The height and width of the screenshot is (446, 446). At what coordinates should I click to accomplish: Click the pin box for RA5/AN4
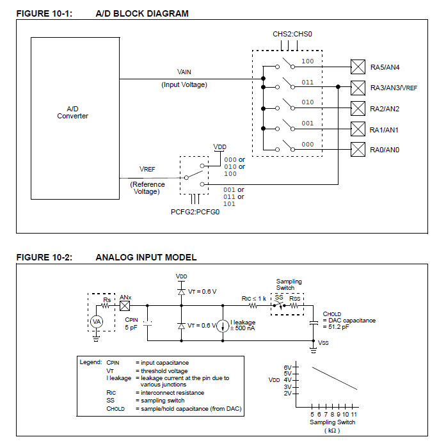(x=358, y=67)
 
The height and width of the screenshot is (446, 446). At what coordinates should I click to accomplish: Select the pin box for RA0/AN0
(x=358, y=149)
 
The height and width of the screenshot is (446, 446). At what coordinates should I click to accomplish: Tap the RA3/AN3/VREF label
(x=394, y=88)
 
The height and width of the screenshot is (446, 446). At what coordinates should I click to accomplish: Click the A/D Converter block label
(x=72, y=113)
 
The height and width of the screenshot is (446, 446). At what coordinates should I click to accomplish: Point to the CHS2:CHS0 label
(x=292, y=34)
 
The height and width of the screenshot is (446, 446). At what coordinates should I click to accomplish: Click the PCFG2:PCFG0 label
(x=195, y=212)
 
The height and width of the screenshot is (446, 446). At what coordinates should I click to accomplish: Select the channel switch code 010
(x=308, y=102)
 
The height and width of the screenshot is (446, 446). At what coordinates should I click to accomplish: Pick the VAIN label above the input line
(x=184, y=72)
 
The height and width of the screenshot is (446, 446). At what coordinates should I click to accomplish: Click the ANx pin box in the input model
(x=125, y=306)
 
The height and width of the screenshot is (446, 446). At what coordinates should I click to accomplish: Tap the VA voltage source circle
(x=97, y=322)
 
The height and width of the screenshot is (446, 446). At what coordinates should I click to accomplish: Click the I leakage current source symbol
(x=223, y=326)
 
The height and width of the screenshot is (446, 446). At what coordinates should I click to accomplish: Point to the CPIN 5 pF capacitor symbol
(x=147, y=323)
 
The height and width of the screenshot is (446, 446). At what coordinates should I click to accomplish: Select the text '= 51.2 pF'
(x=336, y=327)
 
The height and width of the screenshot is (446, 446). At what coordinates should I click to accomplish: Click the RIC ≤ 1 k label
(x=254, y=298)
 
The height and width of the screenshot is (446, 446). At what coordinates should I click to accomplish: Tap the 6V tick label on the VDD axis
(x=287, y=367)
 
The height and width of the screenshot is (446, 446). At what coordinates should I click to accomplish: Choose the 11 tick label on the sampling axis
(x=354, y=415)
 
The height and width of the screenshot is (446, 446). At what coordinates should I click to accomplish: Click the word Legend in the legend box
(x=90, y=362)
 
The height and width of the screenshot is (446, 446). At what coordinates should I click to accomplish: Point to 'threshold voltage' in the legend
(x=164, y=371)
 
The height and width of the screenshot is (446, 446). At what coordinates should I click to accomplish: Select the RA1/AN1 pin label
(x=384, y=130)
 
